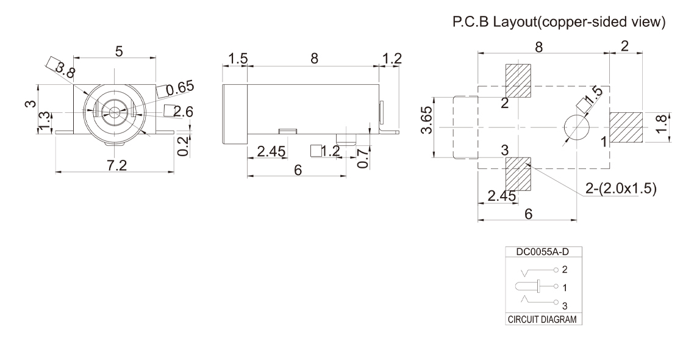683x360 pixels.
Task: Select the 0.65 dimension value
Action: [180, 87]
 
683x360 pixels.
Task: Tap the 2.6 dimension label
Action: [183, 111]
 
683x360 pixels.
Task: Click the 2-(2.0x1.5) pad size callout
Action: [620, 189]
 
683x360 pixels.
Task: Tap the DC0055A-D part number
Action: [537, 251]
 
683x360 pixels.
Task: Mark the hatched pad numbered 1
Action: [627, 127]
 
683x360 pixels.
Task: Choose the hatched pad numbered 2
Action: [518, 81]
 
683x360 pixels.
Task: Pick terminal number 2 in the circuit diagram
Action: [565, 269]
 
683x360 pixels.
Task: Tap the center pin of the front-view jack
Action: [113, 112]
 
